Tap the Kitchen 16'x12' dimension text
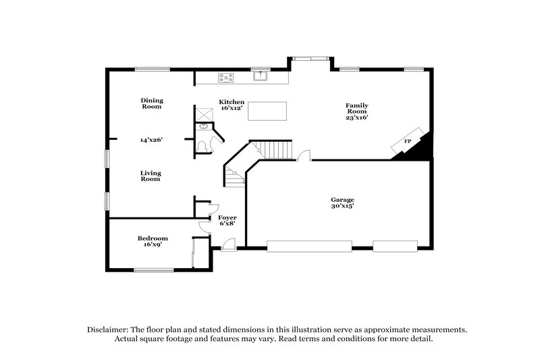pyautogui.click(x=232, y=109)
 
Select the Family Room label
pyautogui.click(x=357, y=105)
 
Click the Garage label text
pyautogui.click(x=342, y=200)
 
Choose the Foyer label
pyautogui.click(x=227, y=217)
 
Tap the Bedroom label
pyautogui.click(x=153, y=238)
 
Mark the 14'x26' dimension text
pyautogui.click(x=152, y=140)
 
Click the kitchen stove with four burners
pyautogui.click(x=225, y=78)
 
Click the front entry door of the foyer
pyautogui.click(x=229, y=249)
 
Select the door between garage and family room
pyautogui.click(x=304, y=156)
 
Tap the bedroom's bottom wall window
pyautogui.click(x=153, y=270)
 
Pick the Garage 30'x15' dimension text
pyautogui.click(x=342, y=206)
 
